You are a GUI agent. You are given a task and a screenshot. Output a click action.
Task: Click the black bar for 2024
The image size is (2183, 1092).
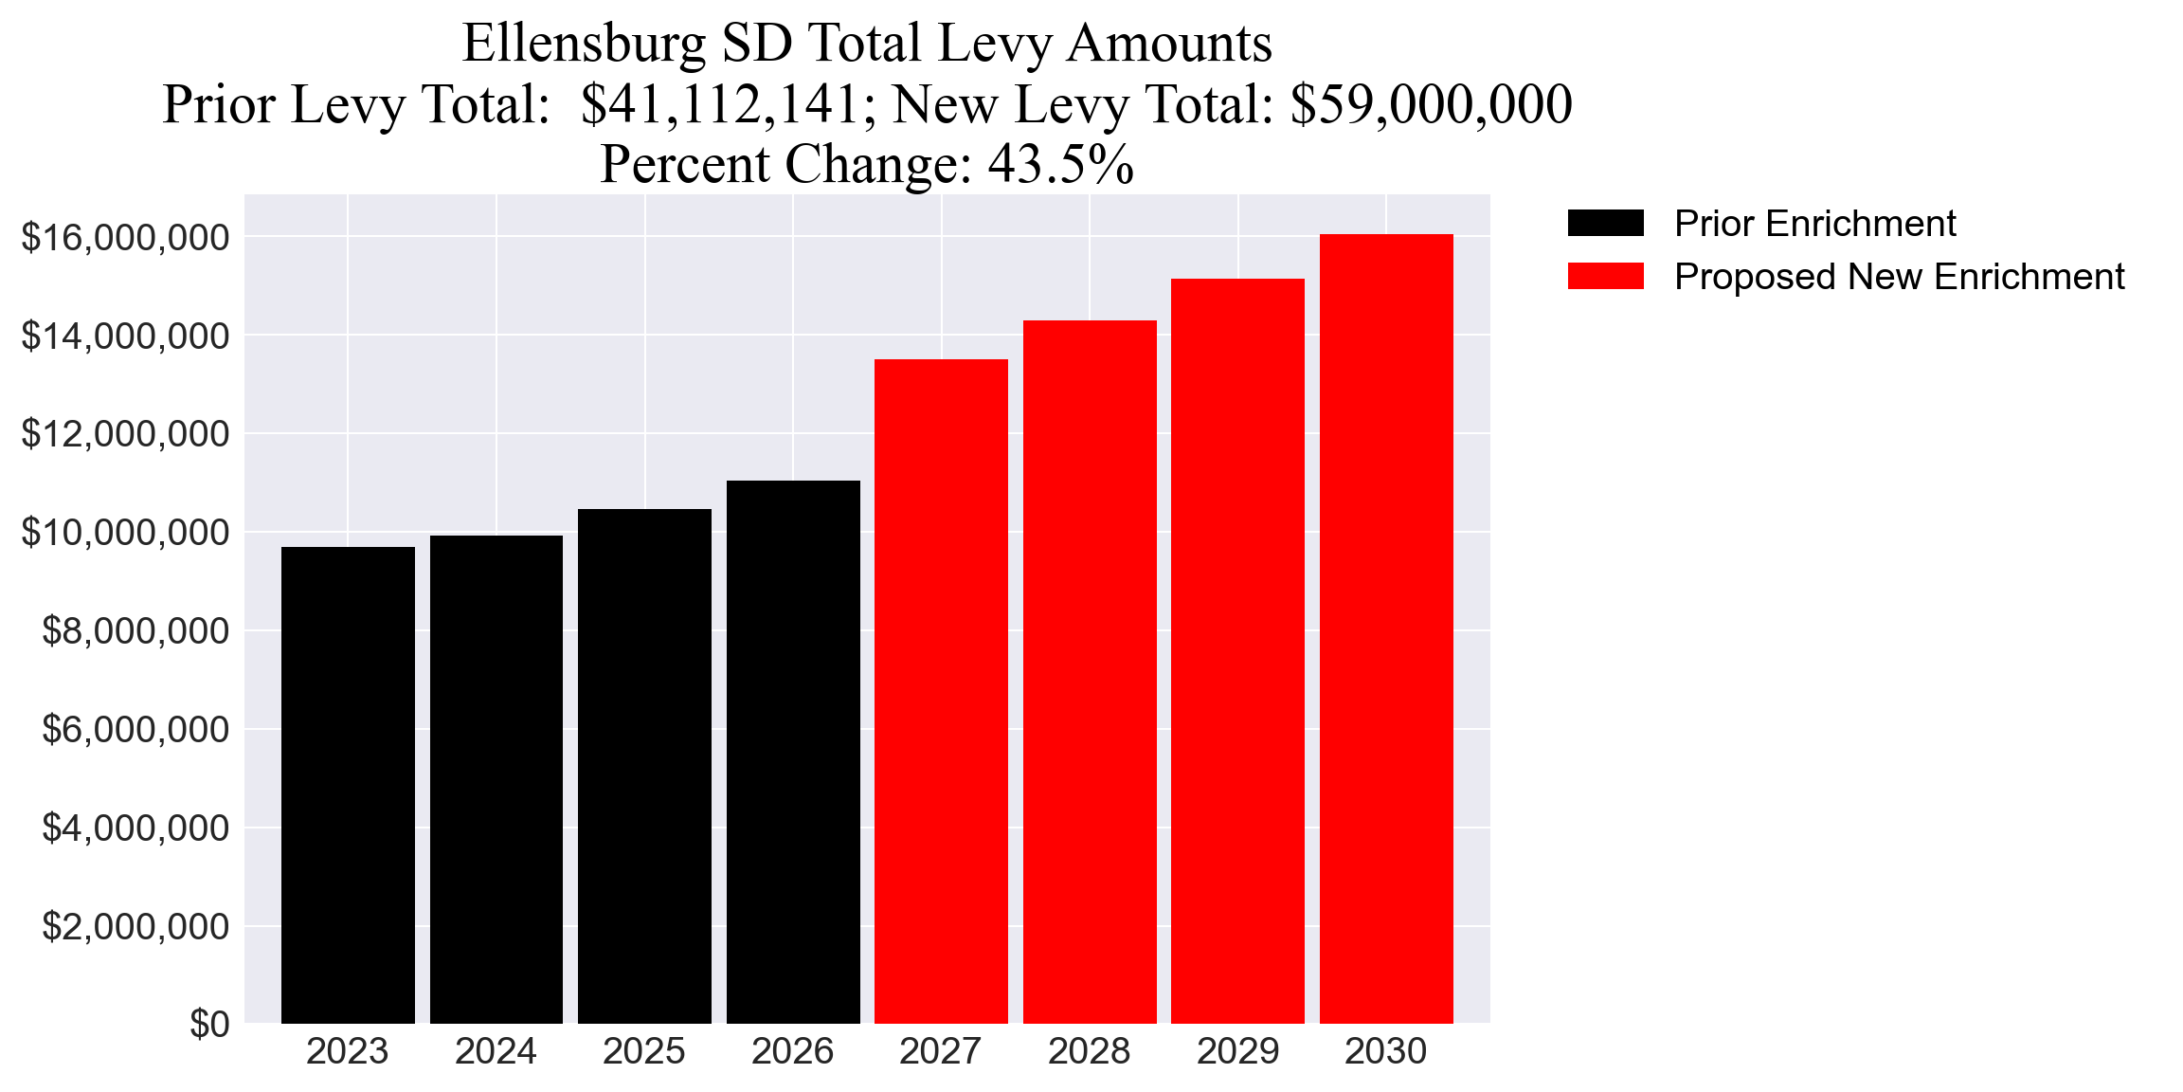pos(496,779)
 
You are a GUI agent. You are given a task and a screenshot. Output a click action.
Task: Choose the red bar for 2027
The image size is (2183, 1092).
pos(941,691)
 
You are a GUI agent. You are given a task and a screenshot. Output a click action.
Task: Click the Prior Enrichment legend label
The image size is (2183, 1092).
pos(1814,224)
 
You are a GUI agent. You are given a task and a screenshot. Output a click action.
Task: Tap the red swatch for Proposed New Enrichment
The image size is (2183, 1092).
pos(1605,276)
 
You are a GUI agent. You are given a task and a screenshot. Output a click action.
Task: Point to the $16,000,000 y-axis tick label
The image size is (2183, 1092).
pos(125,237)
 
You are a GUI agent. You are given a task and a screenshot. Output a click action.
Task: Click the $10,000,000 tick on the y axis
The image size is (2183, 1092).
pos(125,533)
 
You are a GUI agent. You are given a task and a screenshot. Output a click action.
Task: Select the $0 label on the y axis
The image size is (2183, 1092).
pos(209,1024)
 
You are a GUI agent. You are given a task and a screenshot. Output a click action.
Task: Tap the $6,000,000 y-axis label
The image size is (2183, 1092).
pos(135,730)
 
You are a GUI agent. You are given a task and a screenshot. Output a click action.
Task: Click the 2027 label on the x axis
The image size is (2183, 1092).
pos(941,1052)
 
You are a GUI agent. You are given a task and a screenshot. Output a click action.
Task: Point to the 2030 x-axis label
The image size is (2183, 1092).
pos(1386,1052)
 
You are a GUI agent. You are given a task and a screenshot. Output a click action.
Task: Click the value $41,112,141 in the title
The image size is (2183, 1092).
pos(720,104)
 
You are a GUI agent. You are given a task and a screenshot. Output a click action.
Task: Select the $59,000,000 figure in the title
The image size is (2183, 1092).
pos(1431,104)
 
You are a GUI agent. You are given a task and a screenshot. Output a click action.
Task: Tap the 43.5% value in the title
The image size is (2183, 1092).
pos(1060,164)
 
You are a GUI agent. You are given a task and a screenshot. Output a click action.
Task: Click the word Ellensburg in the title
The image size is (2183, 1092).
pos(585,44)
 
